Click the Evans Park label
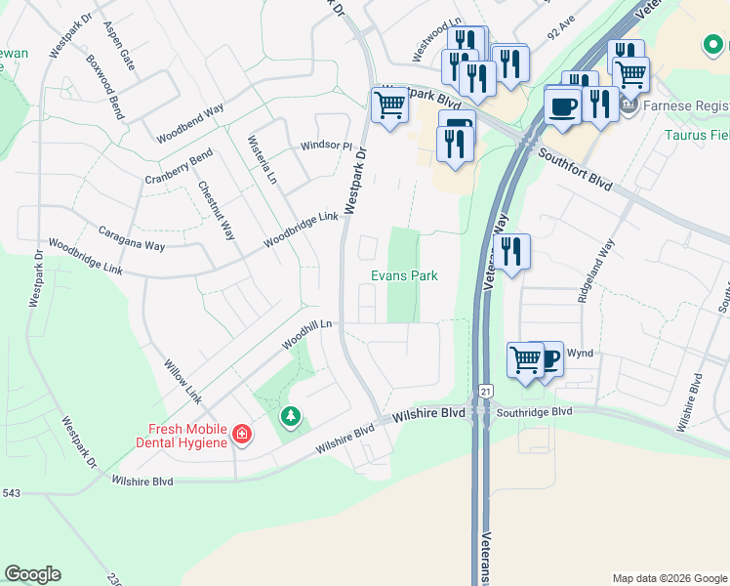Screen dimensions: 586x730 pyautogui.click(x=404, y=276)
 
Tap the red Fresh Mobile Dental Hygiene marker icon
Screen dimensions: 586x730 pyautogui.click(x=241, y=433)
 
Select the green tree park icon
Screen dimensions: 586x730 pyautogui.click(x=290, y=418)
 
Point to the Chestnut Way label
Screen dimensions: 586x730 pyautogui.click(x=217, y=210)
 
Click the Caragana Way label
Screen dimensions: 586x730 pyautogui.click(x=132, y=239)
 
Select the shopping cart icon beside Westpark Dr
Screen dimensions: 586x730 pyautogui.click(x=389, y=105)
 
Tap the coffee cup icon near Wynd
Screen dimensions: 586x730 pyautogui.click(x=549, y=358)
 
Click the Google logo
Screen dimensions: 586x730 pyautogui.click(x=32, y=574)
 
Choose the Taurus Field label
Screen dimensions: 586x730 pyautogui.click(x=698, y=135)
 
